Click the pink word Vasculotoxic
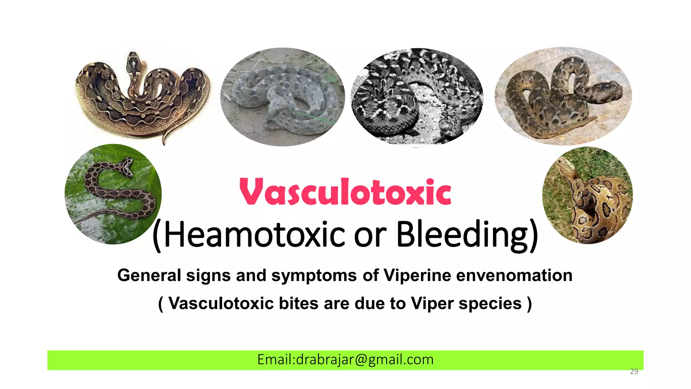pos(345,192)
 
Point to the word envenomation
pos(514,275)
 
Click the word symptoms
pos(314,275)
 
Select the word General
pos(149,275)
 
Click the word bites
pos(298,303)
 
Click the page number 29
pos(634,371)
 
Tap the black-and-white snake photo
pos(417,97)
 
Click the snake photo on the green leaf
pos(113,194)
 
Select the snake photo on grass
pos(587,196)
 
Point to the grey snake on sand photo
pos(282,97)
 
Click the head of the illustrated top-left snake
pos(133,62)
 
